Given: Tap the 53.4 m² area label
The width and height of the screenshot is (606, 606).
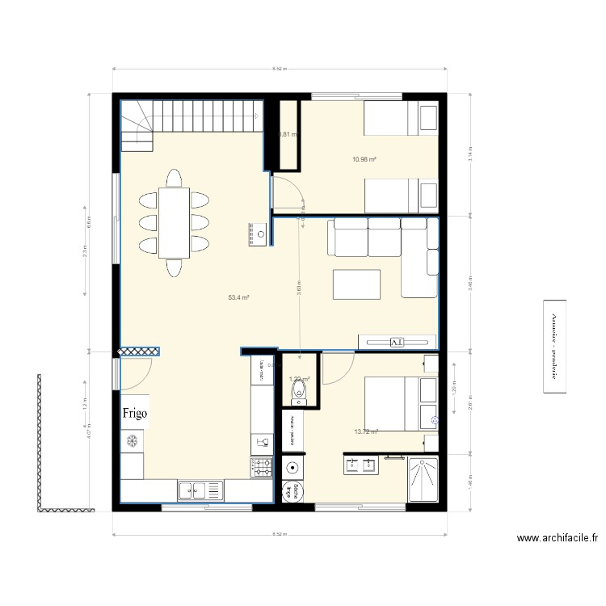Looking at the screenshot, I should click(238, 298).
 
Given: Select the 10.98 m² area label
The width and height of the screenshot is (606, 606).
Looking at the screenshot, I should click(365, 159).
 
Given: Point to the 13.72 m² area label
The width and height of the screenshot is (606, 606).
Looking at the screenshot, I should click(366, 431).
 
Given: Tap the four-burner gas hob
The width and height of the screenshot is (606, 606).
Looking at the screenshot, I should click(261, 466).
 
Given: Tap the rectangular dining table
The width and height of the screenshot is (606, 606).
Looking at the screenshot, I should click(174, 223).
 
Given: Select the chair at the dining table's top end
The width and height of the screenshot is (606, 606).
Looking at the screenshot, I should click(174, 177).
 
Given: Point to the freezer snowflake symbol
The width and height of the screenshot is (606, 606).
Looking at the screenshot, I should click(130, 441).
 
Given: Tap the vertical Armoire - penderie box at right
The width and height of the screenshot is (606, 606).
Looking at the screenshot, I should click(554, 347).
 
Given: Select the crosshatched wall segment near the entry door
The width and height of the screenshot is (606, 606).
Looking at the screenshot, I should click(139, 352).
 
